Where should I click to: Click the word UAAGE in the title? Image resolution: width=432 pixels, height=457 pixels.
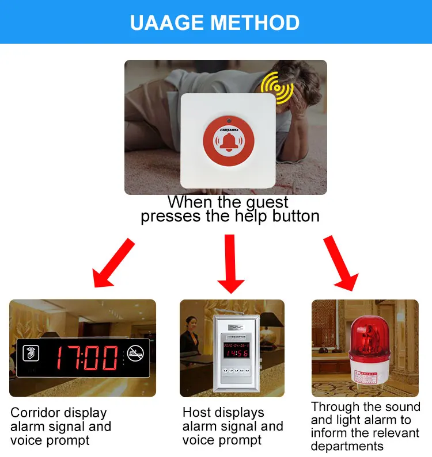tap(167, 22)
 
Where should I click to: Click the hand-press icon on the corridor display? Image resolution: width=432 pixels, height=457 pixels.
tap(29, 352)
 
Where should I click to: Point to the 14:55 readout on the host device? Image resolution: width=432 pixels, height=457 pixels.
tap(236, 352)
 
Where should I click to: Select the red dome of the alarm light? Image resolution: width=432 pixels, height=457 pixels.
tap(365, 336)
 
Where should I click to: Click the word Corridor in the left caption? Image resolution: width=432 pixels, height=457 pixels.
tap(34, 413)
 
